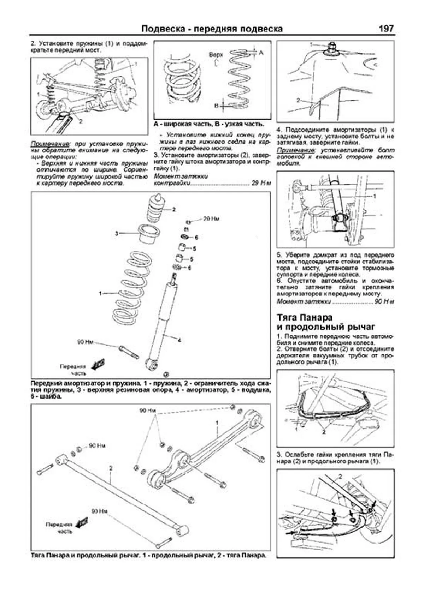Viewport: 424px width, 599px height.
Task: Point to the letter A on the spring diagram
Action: (x=261, y=53)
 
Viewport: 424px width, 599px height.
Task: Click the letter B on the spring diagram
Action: (x=216, y=106)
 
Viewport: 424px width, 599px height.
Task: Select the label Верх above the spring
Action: (x=216, y=55)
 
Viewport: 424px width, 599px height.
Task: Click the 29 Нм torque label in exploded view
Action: (x=211, y=219)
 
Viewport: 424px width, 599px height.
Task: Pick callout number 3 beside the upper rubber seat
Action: (x=117, y=233)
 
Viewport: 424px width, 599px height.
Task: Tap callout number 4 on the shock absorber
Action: (x=179, y=341)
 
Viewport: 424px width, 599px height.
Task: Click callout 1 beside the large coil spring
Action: (x=100, y=293)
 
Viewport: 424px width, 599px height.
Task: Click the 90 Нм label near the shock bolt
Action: (x=85, y=342)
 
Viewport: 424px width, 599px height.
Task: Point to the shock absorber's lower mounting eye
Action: (x=151, y=364)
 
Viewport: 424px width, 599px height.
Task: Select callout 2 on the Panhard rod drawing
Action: (x=111, y=469)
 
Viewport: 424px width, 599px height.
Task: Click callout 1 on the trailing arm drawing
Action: (x=217, y=423)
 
